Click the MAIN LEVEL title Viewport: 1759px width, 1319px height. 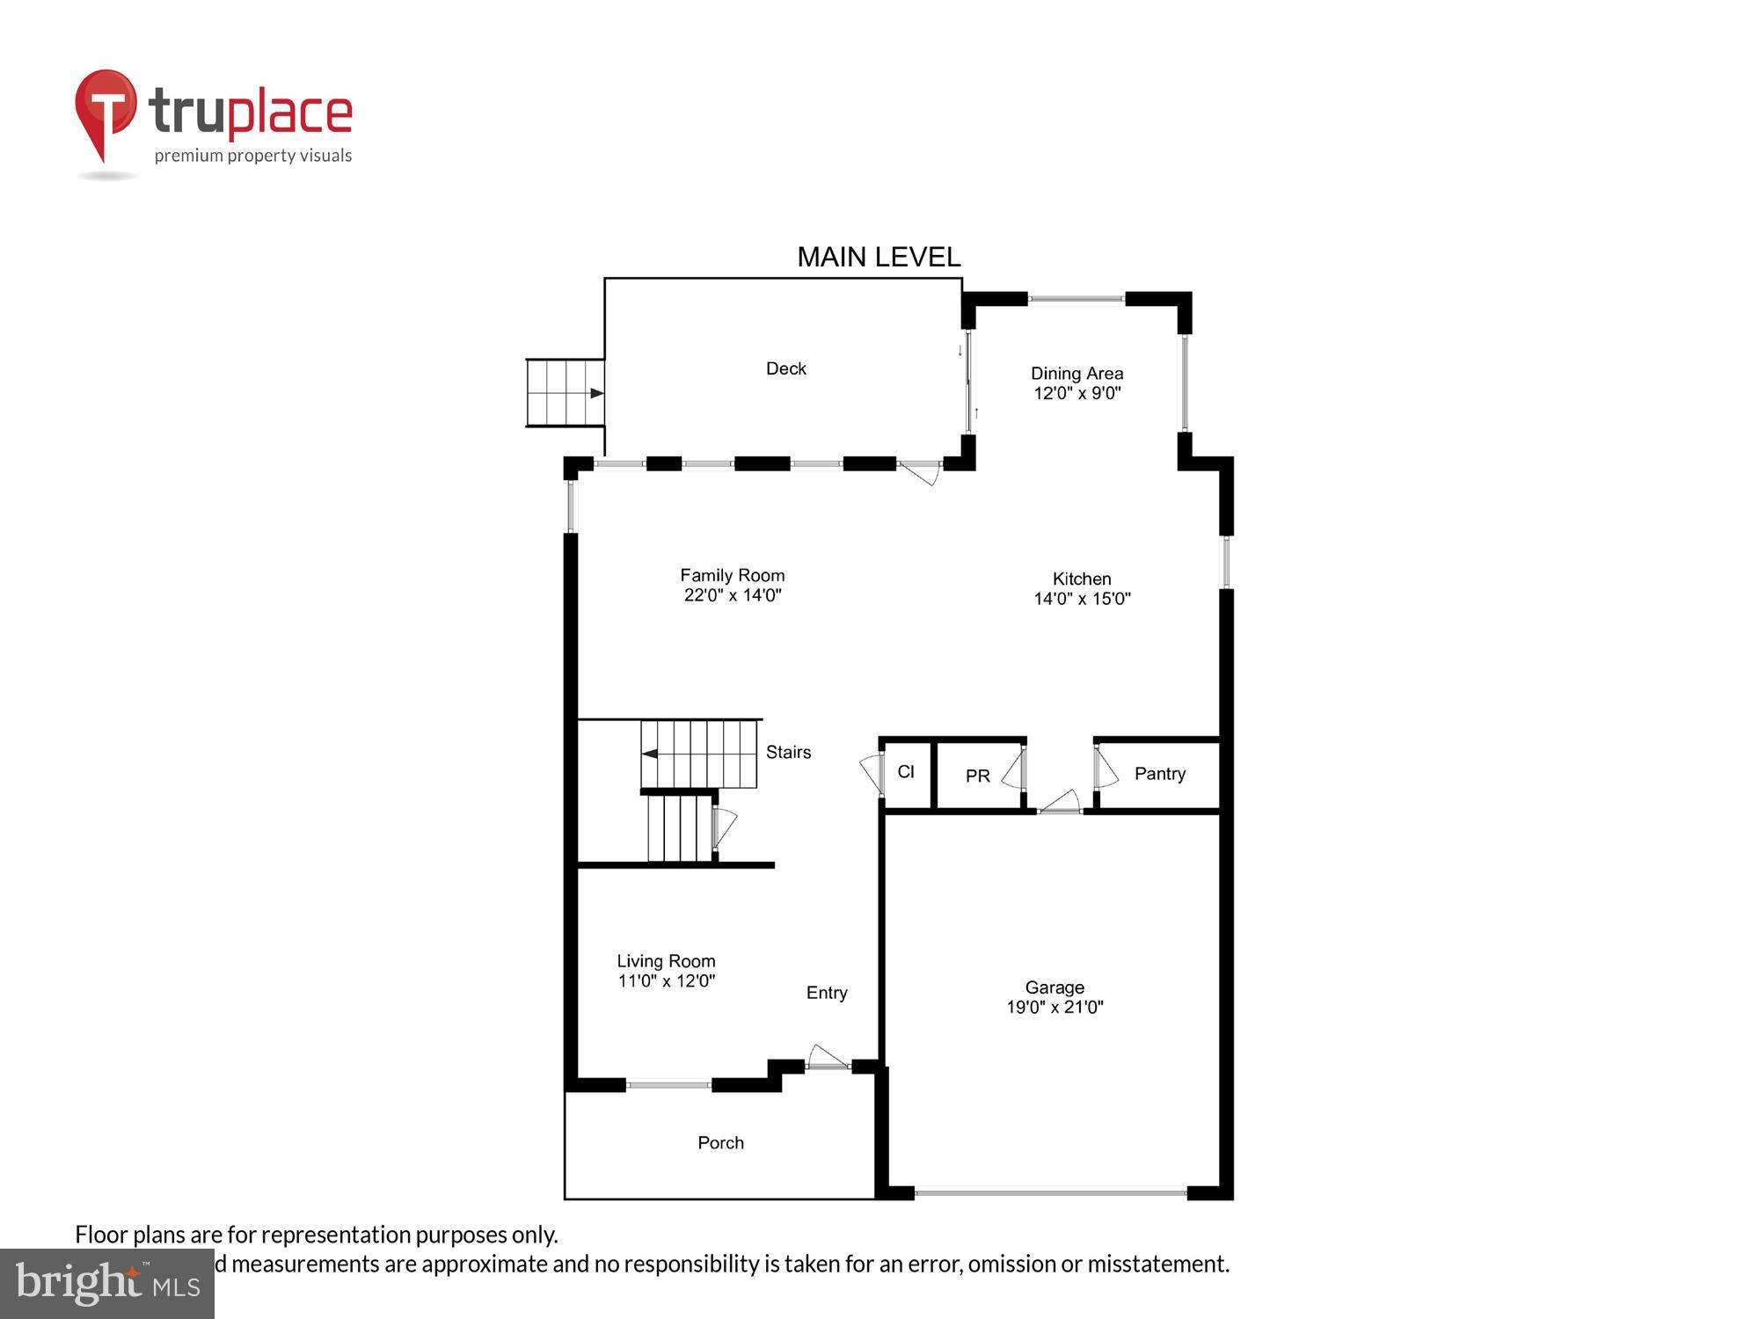[878, 257]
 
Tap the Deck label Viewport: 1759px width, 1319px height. [785, 368]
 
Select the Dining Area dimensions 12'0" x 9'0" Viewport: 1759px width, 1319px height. [1077, 393]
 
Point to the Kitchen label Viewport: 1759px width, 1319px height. [1082, 579]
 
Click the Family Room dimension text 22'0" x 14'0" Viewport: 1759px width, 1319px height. [733, 595]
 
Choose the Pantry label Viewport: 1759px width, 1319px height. [1159, 774]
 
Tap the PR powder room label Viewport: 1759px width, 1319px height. [977, 776]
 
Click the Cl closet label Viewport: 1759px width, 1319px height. [905, 772]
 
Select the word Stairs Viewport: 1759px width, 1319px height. [788, 752]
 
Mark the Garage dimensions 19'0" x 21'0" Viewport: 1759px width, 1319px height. [1055, 1008]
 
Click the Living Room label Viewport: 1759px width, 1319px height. [666, 961]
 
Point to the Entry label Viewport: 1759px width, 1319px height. [827, 993]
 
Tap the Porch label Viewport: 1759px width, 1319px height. [720, 1142]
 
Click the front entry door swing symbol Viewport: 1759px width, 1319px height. [827, 1058]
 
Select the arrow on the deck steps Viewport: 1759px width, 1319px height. [596, 393]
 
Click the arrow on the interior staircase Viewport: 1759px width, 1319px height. [650, 754]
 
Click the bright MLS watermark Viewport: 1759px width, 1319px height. [107, 1284]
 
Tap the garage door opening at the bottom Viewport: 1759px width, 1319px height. [1050, 1193]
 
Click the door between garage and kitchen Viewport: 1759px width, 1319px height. [1060, 804]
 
